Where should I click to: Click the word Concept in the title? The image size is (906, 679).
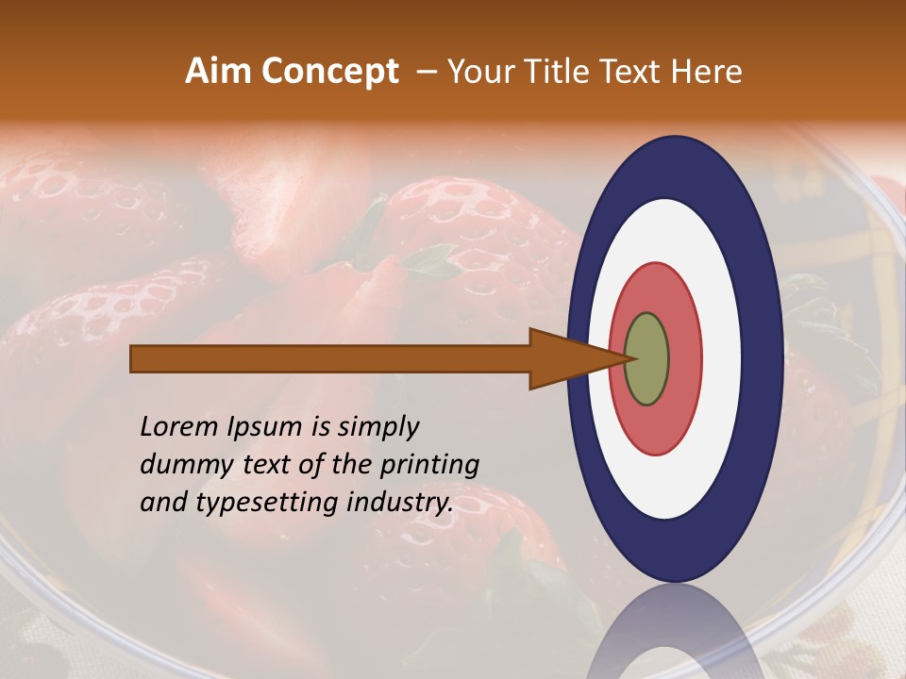click(330, 72)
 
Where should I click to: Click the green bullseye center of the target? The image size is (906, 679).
click(646, 359)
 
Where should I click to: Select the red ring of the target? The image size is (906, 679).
click(684, 359)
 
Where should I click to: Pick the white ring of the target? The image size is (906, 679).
click(722, 359)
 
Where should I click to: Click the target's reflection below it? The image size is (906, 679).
click(673, 632)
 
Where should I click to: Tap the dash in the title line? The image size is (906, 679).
click(426, 72)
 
